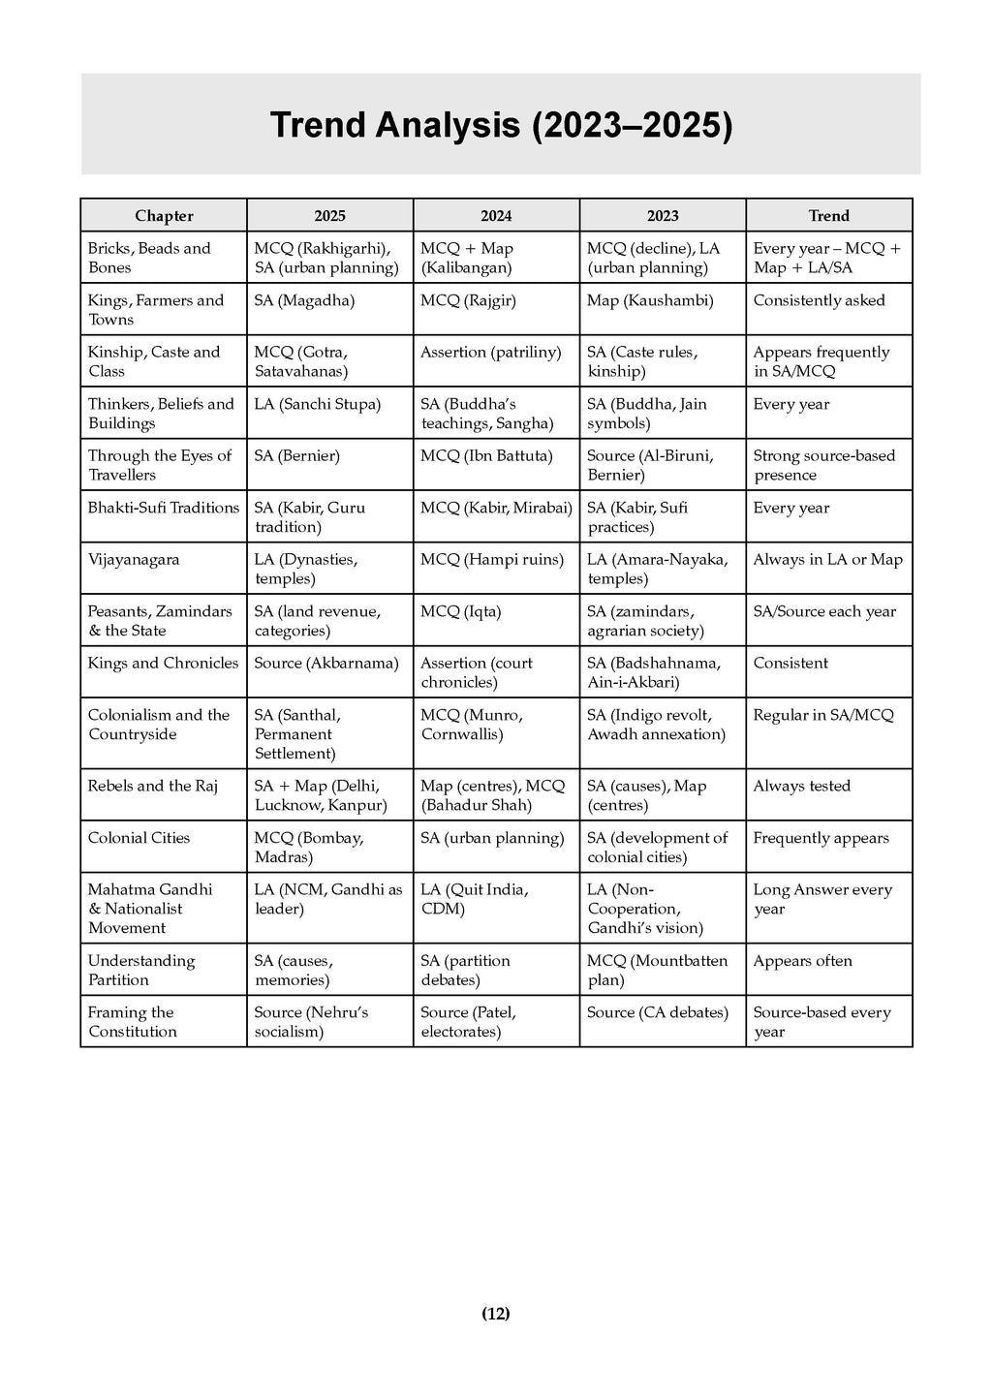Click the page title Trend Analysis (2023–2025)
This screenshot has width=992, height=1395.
(x=500, y=125)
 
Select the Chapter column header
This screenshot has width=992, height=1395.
(x=164, y=216)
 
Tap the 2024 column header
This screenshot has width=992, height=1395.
(x=496, y=216)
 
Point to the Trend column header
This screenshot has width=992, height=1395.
(x=828, y=216)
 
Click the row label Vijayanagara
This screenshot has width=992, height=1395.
(x=134, y=560)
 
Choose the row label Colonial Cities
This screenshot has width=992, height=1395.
(x=139, y=838)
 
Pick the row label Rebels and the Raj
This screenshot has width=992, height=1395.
(x=153, y=786)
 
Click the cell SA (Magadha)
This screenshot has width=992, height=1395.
(x=304, y=300)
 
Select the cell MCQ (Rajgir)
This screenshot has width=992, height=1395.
(x=468, y=300)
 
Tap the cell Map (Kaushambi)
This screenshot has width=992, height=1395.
(x=650, y=300)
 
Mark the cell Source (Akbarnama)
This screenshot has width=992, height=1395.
(x=326, y=664)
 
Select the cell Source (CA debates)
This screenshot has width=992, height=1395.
(x=658, y=1012)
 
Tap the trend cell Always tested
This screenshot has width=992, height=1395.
(x=802, y=786)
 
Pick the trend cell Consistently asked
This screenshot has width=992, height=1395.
(x=820, y=300)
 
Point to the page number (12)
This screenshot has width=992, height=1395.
(x=496, y=1314)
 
